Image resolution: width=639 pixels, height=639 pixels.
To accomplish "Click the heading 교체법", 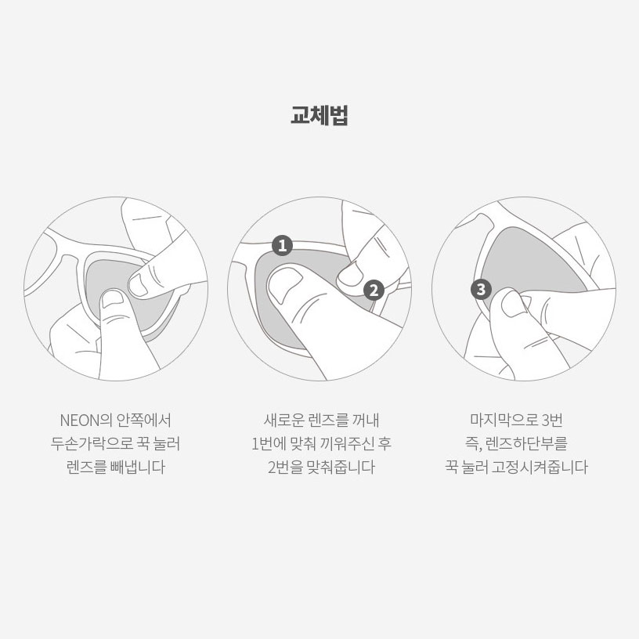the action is pos(319,115).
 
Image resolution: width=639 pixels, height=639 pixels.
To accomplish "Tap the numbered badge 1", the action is pos(283,245).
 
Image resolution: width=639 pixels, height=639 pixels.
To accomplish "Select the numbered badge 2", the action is pos(374,291).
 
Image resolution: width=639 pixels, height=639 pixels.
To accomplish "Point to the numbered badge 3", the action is pos(481,289).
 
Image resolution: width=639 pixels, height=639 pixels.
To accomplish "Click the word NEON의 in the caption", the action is pos(85,421).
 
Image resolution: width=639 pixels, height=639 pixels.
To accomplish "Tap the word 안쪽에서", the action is pos(144,421).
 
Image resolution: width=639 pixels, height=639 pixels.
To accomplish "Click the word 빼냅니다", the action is pos(138,467).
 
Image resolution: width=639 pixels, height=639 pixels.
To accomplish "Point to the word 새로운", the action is pos(283,421).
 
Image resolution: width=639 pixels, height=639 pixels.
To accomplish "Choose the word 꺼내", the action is pos(366,421).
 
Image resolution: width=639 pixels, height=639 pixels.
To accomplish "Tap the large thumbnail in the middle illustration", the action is pos(285,283).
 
